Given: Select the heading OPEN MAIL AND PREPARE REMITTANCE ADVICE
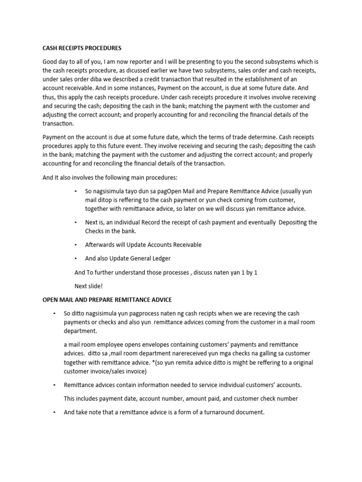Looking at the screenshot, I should tap(107, 299).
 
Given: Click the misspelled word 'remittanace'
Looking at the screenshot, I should tap(142, 209).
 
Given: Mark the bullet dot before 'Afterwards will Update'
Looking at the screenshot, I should tap(76, 245).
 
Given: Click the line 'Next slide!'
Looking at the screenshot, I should tap(89, 286).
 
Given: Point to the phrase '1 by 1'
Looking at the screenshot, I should tap(249, 272).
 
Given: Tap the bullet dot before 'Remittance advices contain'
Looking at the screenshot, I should tap(55, 385).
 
